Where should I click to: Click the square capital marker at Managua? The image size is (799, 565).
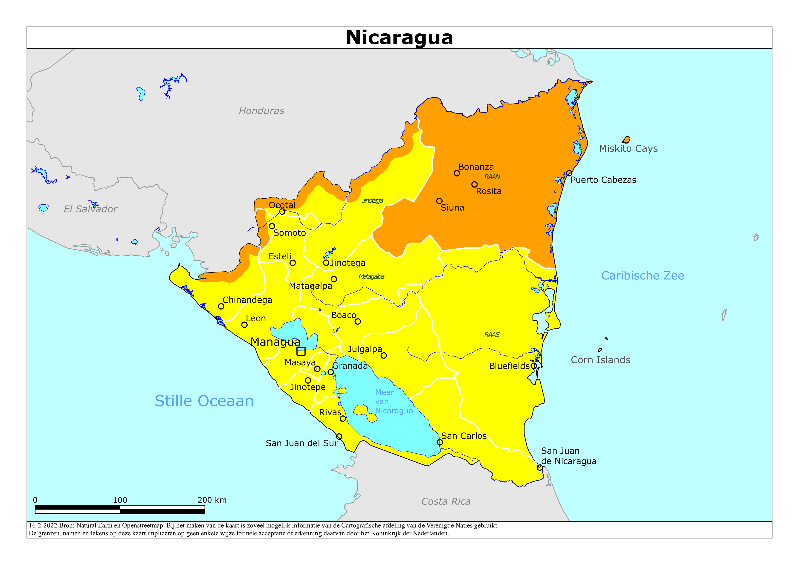[x=301, y=351]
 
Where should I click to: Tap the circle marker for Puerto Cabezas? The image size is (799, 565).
[x=569, y=173]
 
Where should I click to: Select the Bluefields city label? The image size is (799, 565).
[x=509, y=366]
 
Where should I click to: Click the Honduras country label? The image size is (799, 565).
[x=261, y=111]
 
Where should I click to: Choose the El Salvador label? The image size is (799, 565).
[x=90, y=209]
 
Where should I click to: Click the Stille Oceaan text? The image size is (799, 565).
[x=204, y=401]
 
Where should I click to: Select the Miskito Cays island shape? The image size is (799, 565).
[x=626, y=140]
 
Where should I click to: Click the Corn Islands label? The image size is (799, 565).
[x=600, y=360]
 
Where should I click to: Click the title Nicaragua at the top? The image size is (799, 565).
[x=399, y=38]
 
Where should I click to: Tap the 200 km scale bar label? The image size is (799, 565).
[x=212, y=500]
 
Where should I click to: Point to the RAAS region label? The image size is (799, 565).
[x=492, y=335]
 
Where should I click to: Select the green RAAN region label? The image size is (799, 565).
[x=492, y=177]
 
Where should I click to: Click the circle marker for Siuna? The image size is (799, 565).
[x=439, y=201]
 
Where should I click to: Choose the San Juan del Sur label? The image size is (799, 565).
[x=301, y=443]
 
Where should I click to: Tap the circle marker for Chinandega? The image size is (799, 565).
[x=221, y=306]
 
